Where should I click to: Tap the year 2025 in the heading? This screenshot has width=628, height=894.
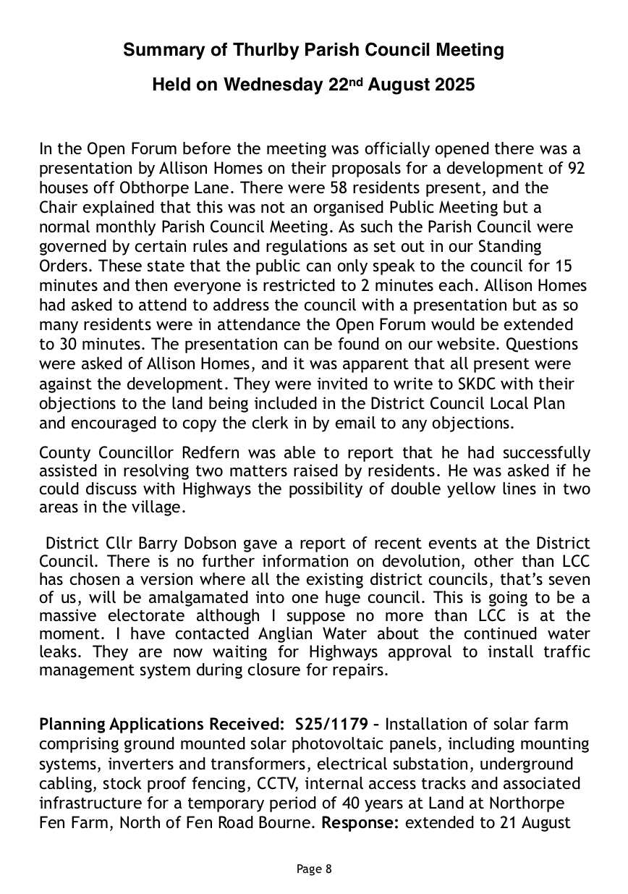coord(454,85)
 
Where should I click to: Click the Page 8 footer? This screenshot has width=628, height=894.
coord(314,869)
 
